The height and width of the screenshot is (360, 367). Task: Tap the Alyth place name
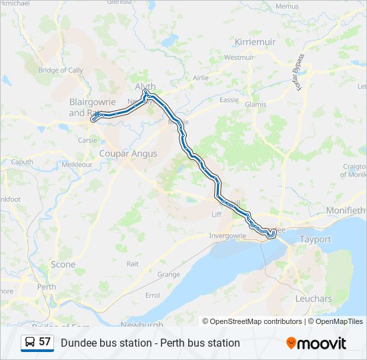point(145,87)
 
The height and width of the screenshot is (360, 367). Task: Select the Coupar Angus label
point(128,153)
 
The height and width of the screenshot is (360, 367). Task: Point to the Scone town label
point(63,265)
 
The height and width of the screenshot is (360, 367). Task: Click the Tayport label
point(316,239)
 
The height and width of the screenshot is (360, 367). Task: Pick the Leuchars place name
point(313,299)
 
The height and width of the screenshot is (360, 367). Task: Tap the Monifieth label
point(346,211)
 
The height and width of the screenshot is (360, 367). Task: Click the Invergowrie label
point(228,235)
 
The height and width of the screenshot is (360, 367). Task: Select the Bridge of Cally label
point(61,70)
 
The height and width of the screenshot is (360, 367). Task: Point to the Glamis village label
point(256,105)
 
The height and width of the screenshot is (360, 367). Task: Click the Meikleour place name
point(77,164)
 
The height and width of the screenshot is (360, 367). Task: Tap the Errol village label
point(152,295)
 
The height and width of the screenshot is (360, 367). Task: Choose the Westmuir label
point(239,57)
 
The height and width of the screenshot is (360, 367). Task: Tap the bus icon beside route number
point(30,342)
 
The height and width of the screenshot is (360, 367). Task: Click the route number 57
point(45,342)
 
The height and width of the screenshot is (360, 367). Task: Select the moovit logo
point(316,343)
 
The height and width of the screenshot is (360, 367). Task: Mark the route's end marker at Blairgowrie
point(95,118)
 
